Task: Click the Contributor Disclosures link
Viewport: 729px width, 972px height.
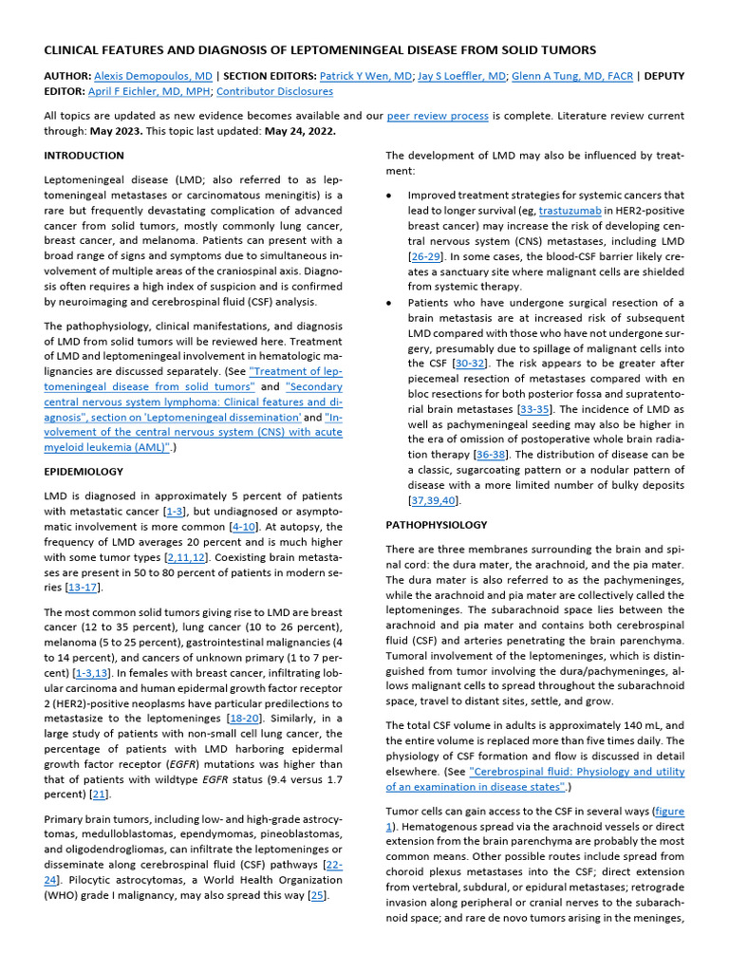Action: (274, 91)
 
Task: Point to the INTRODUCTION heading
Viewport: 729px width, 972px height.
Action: (84, 155)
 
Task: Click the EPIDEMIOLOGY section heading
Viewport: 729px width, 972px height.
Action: (84, 471)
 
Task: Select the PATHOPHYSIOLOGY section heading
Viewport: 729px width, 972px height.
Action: (437, 524)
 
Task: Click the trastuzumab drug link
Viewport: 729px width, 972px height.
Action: (572, 209)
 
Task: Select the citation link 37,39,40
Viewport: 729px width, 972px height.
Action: (434, 499)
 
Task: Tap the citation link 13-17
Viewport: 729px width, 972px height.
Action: (69, 588)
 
